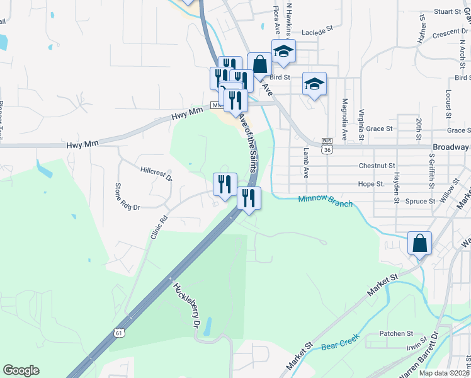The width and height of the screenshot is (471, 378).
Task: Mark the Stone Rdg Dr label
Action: pos(127,195)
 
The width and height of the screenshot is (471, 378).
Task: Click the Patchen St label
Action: pos(395,333)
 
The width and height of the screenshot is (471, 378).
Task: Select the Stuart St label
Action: pos(448,11)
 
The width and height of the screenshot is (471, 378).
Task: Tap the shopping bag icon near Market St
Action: pos(419,243)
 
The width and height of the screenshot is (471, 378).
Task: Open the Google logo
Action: pos(21,370)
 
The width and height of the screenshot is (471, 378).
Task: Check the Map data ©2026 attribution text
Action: pos(444,373)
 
